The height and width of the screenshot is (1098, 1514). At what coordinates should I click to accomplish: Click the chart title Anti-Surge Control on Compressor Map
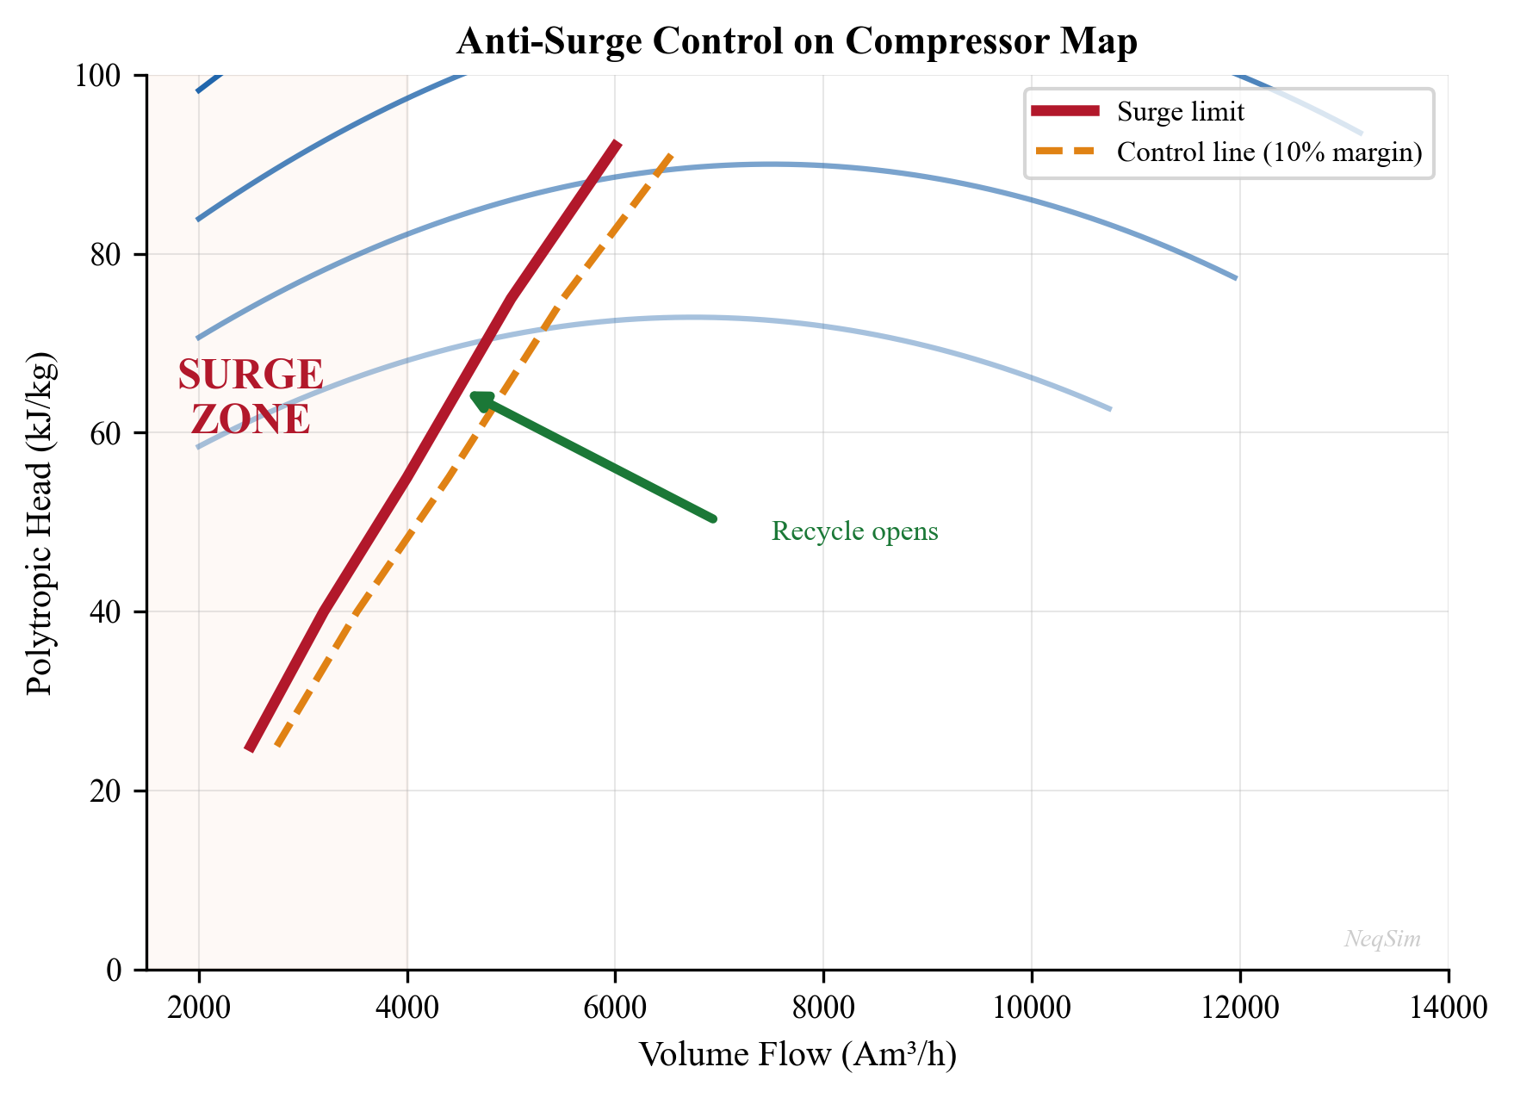[797, 41]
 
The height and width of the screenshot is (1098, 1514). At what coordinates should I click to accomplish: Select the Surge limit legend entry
[1180, 112]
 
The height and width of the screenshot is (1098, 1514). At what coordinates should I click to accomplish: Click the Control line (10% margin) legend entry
[1269, 152]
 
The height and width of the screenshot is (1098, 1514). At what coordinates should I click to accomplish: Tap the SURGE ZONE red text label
[251, 397]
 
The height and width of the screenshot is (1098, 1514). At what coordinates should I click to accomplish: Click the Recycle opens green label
[854, 531]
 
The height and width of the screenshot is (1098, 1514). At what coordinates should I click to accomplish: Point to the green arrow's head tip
[472, 394]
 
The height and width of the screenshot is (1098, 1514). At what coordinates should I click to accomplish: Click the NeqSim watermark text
[1382, 939]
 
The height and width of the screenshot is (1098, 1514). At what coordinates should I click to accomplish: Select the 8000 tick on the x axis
[823, 1008]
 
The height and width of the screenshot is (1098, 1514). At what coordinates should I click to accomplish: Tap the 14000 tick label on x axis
[1448, 1008]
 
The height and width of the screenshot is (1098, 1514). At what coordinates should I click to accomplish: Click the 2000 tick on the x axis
[199, 1008]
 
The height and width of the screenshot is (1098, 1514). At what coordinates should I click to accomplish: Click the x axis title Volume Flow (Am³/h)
[797, 1055]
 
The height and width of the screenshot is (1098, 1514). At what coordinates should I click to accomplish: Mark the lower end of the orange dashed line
[277, 746]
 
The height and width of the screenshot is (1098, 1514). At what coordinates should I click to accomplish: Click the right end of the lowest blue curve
[1110, 408]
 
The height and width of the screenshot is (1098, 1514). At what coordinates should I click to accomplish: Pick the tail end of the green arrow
[713, 518]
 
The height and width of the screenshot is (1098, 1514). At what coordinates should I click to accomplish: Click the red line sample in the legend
[1065, 111]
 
